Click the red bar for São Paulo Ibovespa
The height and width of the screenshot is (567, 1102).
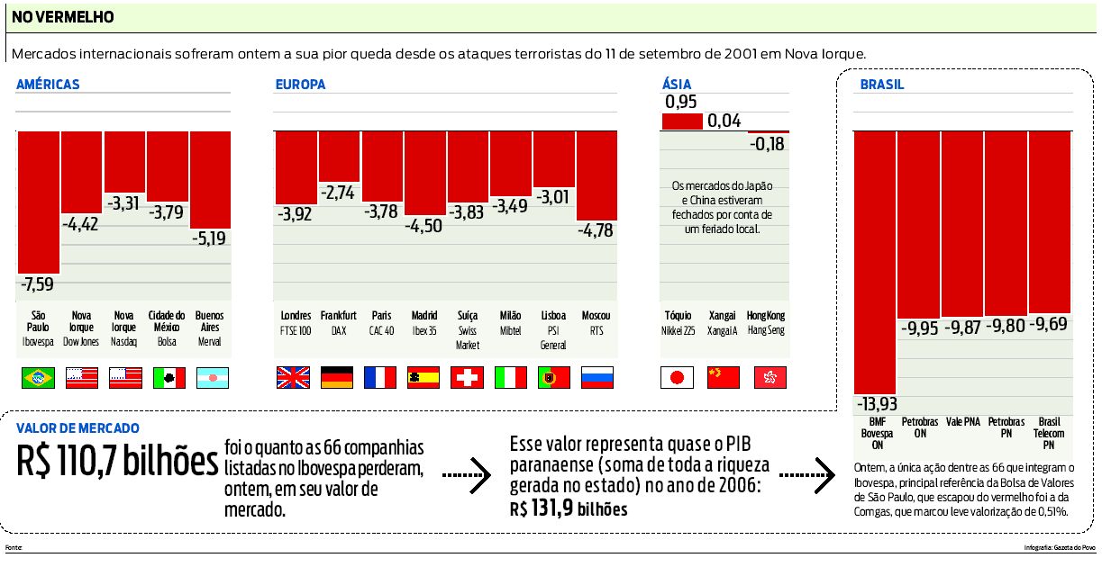[x=38, y=202]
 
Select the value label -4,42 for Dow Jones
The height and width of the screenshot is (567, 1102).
[x=81, y=223]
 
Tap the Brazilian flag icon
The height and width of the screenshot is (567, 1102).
[x=38, y=378]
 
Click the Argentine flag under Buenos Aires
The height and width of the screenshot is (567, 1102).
[x=213, y=378]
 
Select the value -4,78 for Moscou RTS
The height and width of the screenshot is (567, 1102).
[x=596, y=230]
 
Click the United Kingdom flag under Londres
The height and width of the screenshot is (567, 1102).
[x=293, y=378]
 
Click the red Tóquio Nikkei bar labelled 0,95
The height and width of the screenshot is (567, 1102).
[x=682, y=121]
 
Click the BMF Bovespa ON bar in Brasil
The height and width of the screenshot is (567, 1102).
[x=874, y=261]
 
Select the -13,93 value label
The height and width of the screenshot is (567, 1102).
[x=874, y=404]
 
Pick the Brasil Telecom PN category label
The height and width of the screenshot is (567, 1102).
[x=1048, y=433]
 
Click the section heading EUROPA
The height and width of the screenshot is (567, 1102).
[x=300, y=85]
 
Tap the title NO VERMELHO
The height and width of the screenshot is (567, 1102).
[x=62, y=17]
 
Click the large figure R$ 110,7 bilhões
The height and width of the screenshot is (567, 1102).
[x=117, y=462]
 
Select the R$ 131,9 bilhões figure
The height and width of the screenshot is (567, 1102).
[x=568, y=509]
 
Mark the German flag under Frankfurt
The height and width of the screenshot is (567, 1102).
[x=336, y=378]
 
